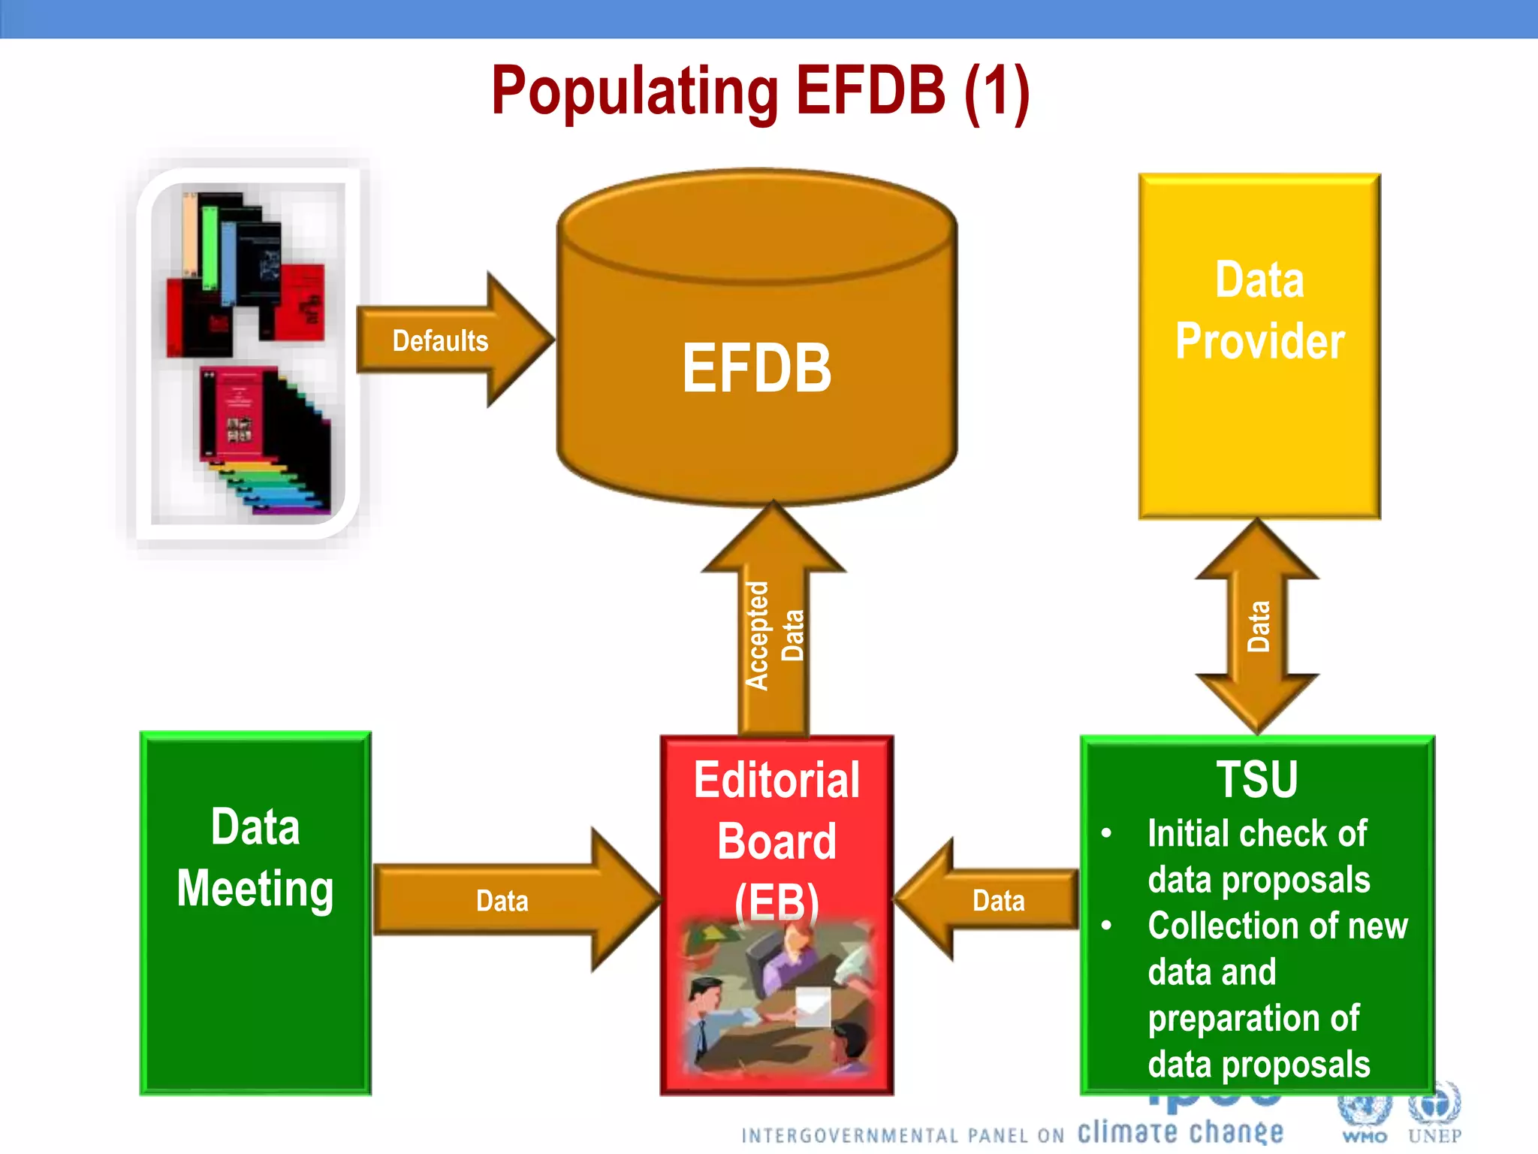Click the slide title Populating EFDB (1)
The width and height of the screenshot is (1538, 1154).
tap(760, 92)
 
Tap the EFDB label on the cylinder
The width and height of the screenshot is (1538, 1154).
tap(756, 368)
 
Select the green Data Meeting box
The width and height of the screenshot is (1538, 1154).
tap(255, 977)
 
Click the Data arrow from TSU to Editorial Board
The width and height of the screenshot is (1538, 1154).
tap(991, 899)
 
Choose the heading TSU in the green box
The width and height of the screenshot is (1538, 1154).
tap(1257, 779)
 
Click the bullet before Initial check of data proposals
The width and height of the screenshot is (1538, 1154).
tap(1106, 833)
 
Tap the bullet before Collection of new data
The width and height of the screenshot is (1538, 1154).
tap(1106, 926)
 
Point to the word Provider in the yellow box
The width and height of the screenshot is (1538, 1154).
tap(1259, 342)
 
